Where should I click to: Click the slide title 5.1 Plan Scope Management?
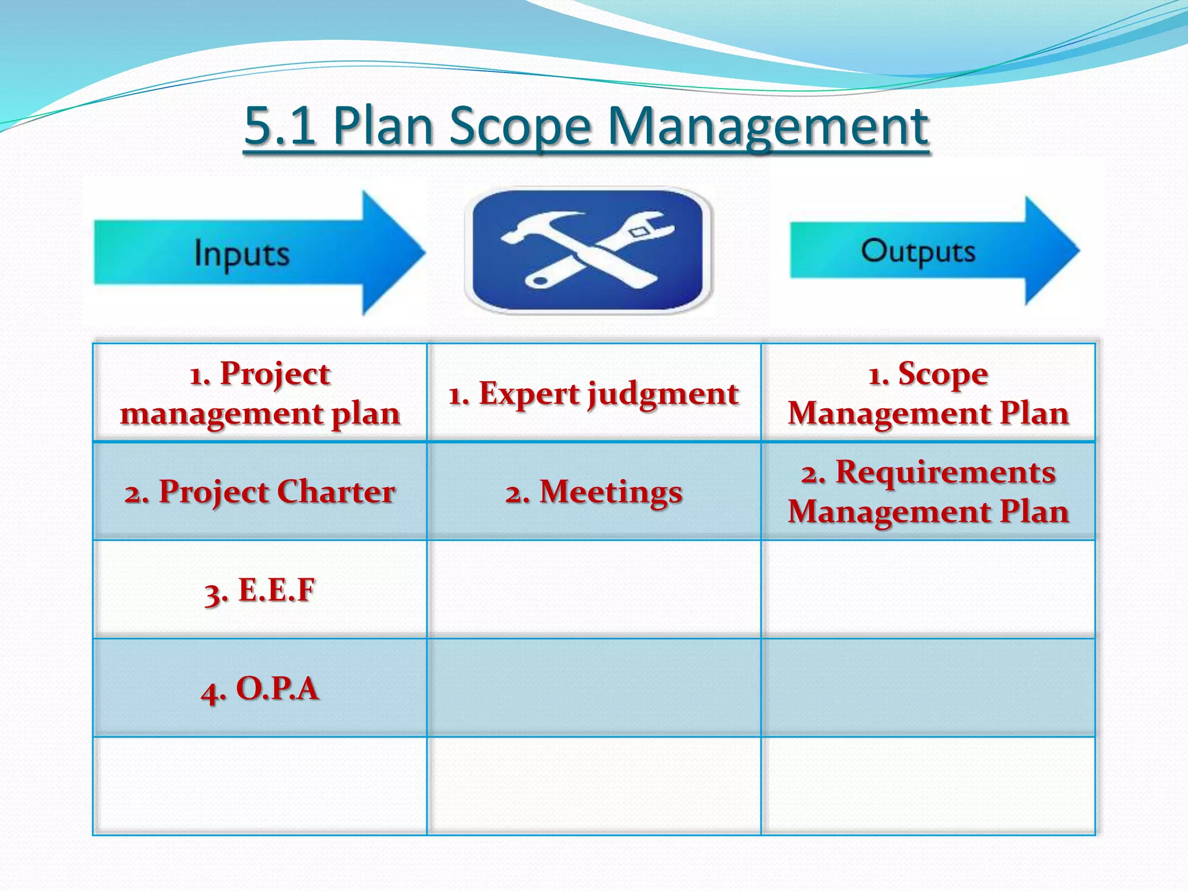point(586,126)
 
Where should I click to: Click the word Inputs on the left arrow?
point(241,253)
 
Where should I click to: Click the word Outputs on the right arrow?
point(918,252)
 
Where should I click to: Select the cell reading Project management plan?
point(260,393)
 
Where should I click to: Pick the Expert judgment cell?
point(593,393)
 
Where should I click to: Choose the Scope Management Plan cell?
point(928,393)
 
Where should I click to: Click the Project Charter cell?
point(260,491)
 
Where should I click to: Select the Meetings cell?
point(593,491)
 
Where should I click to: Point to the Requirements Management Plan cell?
point(928,491)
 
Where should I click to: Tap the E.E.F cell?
point(260,590)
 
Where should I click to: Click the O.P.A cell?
point(260,689)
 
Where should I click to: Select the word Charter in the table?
point(336,492)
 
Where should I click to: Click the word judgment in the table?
point(663,394)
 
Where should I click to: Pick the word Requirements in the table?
point(945,472)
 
